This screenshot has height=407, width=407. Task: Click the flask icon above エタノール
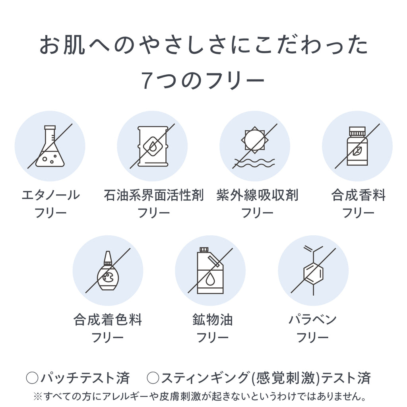tap(50, 146)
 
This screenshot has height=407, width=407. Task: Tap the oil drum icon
tap(153, 146)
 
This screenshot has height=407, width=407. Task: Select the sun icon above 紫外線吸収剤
tap(255, 140)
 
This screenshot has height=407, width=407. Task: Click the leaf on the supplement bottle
tap(357, 151)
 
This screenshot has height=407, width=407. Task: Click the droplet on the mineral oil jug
tap(210, 279)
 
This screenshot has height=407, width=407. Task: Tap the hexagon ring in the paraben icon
tap(313, 273)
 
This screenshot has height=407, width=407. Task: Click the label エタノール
tap(50, 195)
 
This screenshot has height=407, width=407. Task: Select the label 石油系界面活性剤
tap(153, 195)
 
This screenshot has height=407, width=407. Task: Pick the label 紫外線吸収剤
tap(257, 195)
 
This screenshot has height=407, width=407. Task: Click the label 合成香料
tap(358, 195)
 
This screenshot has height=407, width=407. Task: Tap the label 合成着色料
tap(108, 320)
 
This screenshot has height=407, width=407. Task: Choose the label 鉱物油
tap(213, 320)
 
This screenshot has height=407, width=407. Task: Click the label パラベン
tap(312, 320)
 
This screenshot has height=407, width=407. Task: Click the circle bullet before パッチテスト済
tap(32, 378)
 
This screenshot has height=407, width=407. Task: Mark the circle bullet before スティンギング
tap(153, 378)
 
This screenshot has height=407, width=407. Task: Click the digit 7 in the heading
tap(147, 80)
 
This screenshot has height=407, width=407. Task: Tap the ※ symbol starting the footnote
tap(38, 396)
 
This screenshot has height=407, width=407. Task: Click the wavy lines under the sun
tap(254, 163)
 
